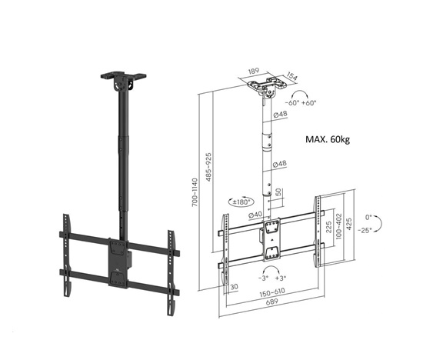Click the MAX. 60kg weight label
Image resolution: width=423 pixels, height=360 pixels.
pos(327,139)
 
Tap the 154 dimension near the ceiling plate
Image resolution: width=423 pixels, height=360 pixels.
pos(290,76)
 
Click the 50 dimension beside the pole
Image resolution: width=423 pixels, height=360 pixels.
pos(278,190)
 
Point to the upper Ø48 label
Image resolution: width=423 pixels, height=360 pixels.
pos(281,115)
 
